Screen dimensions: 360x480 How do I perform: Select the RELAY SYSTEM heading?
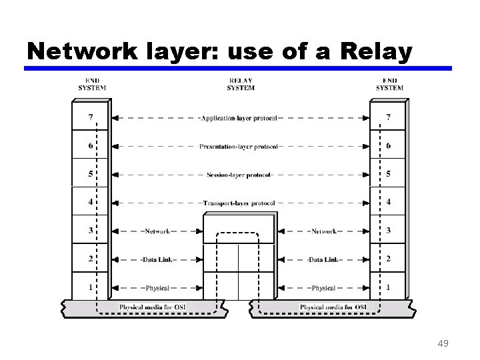coord(240,85)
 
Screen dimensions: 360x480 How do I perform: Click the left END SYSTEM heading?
coord(91,85)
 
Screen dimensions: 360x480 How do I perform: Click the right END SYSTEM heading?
coord(389,85)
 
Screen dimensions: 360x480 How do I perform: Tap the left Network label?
coord(157,231)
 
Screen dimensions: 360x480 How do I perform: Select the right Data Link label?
coord(323,259)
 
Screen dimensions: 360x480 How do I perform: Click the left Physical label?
coord(157,288)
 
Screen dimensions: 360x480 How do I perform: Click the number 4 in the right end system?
coord(389,202)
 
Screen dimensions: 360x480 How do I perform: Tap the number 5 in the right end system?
coord(389,174)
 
